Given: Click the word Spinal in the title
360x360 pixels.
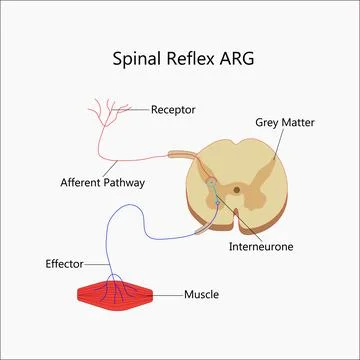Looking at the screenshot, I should (x=136, y=57).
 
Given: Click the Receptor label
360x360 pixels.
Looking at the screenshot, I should (x=173, y=108).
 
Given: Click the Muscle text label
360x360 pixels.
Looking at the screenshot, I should (x=201, y=295).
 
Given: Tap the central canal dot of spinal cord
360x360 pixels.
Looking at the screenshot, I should (x=236, y=188).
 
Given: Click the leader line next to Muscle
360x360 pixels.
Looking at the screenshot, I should (x=168, y=295).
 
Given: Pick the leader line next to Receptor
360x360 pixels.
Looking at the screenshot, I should (x=138, y=108).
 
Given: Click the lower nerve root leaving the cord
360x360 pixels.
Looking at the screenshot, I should (x=200, y=218).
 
